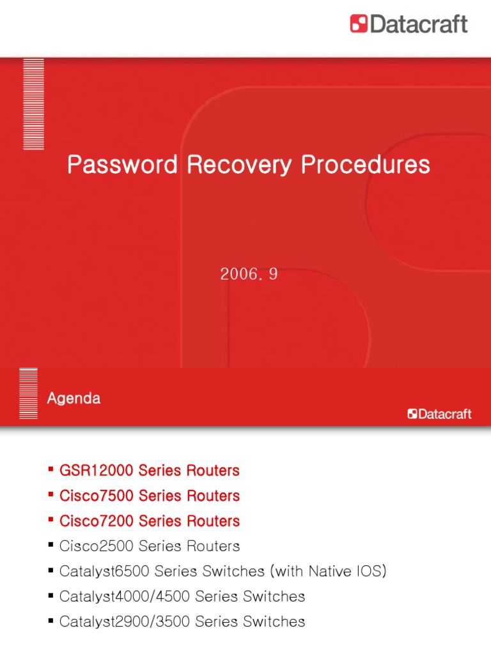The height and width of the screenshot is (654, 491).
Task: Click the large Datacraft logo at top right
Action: coord(409,24)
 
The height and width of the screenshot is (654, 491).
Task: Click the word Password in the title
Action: coord(122,165)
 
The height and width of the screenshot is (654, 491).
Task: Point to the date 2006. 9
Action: coord(249,275)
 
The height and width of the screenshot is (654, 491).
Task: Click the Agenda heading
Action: coord(74,399)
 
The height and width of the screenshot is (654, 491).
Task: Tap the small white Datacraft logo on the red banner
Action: coord(440,414)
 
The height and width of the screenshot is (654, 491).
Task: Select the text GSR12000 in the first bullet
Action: coord(96,471)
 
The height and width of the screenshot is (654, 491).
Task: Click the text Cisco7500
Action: coord(95,496)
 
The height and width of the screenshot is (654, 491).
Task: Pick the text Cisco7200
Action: coord(95,521)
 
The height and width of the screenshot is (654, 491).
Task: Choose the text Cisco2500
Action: coord(95,546)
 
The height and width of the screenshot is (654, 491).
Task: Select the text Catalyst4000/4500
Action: coord(125,597)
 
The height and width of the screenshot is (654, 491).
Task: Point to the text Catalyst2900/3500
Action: coord(125,621)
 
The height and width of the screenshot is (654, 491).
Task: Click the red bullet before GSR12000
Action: coord(51,470)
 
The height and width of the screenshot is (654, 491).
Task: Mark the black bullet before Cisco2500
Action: coord(51,545)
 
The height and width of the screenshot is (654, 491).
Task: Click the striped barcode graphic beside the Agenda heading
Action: coord(28,393)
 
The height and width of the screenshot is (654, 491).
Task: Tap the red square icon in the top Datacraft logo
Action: coord(359,24)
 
